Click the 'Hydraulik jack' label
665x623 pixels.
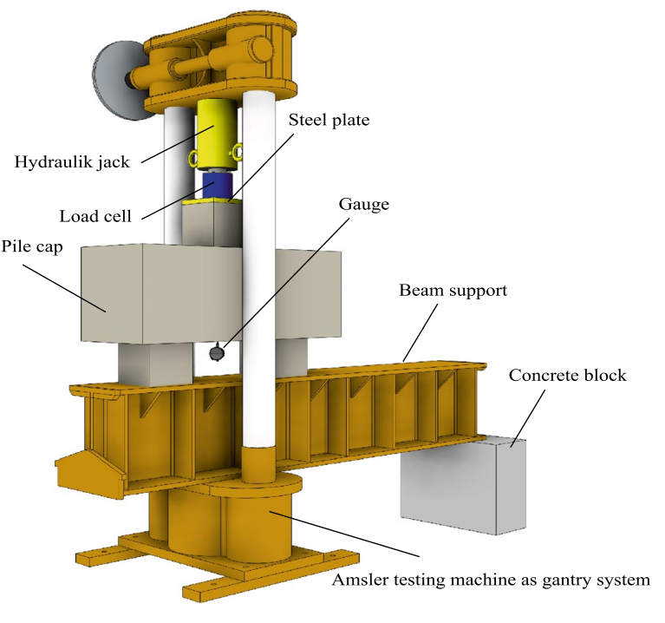70,161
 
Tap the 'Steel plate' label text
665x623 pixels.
328,121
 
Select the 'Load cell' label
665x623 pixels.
95,216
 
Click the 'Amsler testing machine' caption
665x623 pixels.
491,580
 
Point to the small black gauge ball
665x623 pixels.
216,353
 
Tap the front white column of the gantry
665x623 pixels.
258,260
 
